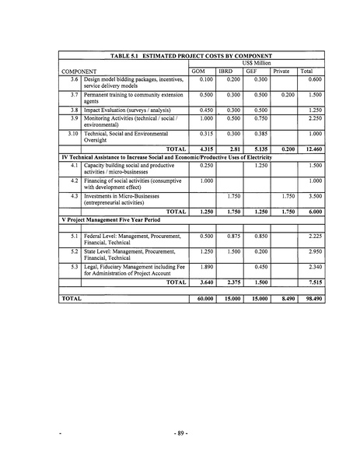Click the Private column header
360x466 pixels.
[281, 71]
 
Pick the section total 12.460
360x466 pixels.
[311, 148]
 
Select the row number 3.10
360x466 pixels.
[73, 133]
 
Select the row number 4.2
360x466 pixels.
[74, 180]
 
